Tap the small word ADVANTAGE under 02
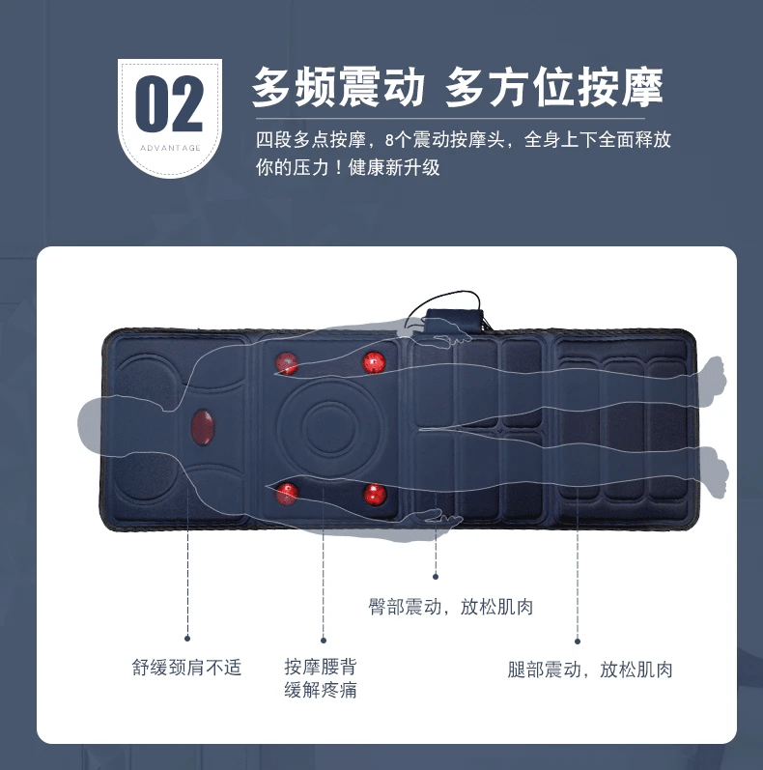[x=170, y=148]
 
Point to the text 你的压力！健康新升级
[x=349, y=167]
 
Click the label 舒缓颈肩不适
[x=186, y=668]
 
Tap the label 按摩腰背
[x=321, y=667]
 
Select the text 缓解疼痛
[x=321, y=691]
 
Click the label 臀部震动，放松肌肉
[x=451, y=607]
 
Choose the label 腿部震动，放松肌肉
[x=590, y=670]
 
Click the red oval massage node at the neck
[x=204, y=426]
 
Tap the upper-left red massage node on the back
[x=288, y=363]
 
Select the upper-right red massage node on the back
[x=374, y=363]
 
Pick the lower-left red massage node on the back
[x=288, y=495]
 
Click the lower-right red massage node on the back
[x=375, y=497]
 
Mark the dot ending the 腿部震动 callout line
[x=578, y=641]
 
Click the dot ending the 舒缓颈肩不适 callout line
[x=187, y=639]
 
